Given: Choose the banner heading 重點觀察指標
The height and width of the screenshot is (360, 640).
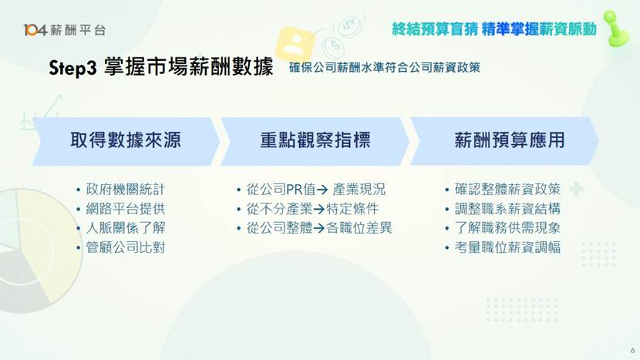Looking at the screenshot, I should [x=315, y=140].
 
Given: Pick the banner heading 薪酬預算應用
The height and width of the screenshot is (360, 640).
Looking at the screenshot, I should [x=509, y=140].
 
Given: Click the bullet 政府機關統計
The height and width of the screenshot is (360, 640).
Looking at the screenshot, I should [x=126, y=190].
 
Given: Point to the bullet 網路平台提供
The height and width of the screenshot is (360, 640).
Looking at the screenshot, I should [x=126, y=209].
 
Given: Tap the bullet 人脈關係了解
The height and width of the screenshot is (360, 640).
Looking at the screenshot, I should [x=126, y=228].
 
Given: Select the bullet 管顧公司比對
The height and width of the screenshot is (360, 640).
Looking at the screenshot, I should [x=126, y=247].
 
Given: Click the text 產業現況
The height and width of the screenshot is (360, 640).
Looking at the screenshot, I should [x=359, y=190].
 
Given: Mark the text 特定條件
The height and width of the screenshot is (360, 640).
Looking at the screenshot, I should [x=352, y=209].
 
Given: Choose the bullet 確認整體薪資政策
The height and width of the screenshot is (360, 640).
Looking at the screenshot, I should [x=507, y=190].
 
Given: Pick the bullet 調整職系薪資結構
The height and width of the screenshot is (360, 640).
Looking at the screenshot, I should [x=507, y=209].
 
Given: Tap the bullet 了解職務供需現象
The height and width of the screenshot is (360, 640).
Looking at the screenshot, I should [x=507, y=228].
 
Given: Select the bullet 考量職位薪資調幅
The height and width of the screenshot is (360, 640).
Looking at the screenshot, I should [x=507, y=247].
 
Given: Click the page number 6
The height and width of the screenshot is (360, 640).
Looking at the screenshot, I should [x=632, y=348].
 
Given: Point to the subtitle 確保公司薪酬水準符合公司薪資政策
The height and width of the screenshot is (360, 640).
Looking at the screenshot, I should [x=385, y=68].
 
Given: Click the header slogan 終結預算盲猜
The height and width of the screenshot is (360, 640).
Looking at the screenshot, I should [x=433, y=29].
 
